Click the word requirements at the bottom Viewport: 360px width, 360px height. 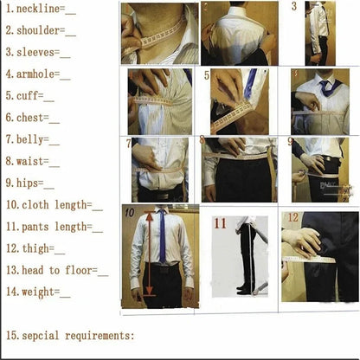pos(100,335)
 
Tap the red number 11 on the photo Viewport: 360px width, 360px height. pos(220,223)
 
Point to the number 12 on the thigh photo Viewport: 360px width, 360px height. pos(292,217)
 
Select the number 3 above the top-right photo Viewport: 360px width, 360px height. pos(294,7)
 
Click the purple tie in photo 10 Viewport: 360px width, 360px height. pos(162,235)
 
